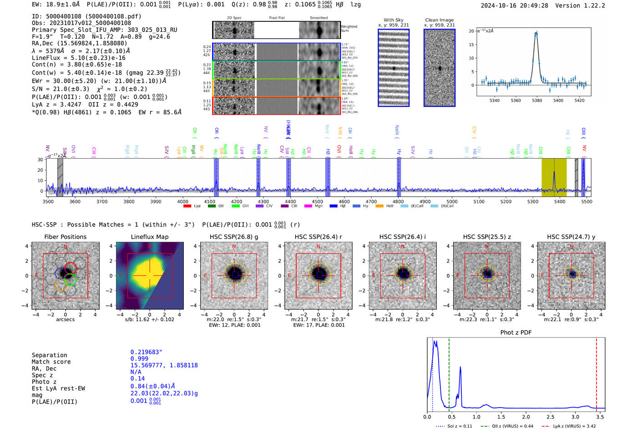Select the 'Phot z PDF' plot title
point(516,333)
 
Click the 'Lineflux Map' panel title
point(149,237)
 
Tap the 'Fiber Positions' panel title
point(65,237)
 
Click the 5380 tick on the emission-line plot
point(537,100)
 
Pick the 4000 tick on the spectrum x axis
point(183,201)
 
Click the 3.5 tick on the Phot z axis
point(600,417)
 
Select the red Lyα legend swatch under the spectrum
point(187,206)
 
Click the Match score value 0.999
point(139,359)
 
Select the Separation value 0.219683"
point(146,352)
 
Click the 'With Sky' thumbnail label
point(393,20)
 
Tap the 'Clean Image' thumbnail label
point(439,20)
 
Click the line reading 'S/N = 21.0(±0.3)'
point(60,89)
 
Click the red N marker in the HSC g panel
point(234,247)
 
